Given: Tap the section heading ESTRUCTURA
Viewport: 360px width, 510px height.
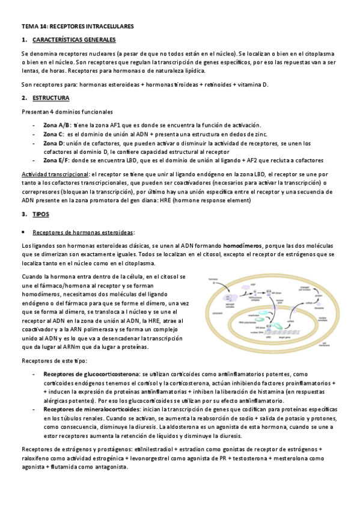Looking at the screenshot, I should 50,97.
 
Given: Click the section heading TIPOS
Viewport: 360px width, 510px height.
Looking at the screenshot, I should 41,214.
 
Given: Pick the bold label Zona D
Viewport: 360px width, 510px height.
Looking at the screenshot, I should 53,143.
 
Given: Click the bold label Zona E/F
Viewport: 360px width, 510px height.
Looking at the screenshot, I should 56,161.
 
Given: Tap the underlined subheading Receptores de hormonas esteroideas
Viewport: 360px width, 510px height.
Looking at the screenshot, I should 83,232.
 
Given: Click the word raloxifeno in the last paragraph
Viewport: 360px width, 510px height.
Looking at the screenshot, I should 35,458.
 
